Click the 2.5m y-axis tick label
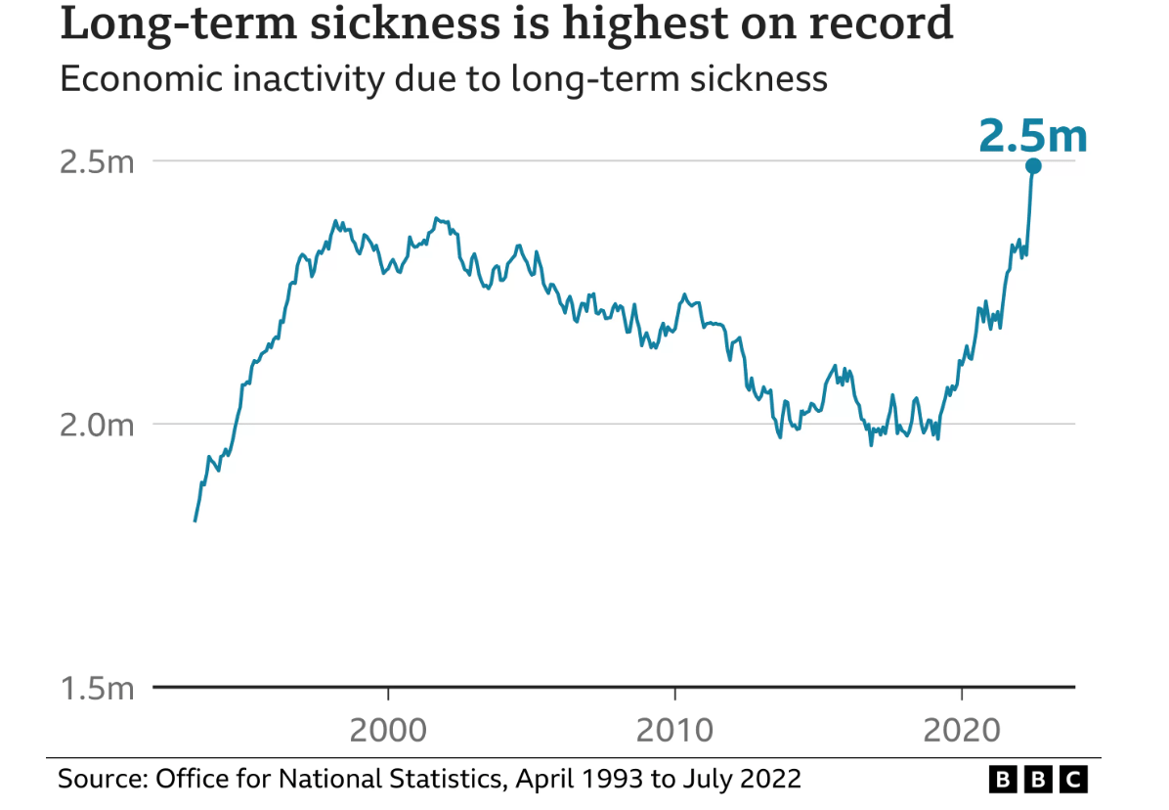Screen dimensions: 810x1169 point(96,161)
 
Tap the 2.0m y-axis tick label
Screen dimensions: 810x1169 point(96,425)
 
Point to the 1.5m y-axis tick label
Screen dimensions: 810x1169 point(96,689)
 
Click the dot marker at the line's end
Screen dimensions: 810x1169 point(1033,166)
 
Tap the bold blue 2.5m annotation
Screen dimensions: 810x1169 point(1033,135)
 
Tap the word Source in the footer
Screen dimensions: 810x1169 point(98,779)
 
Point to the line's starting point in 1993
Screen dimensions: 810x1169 point(195,520)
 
